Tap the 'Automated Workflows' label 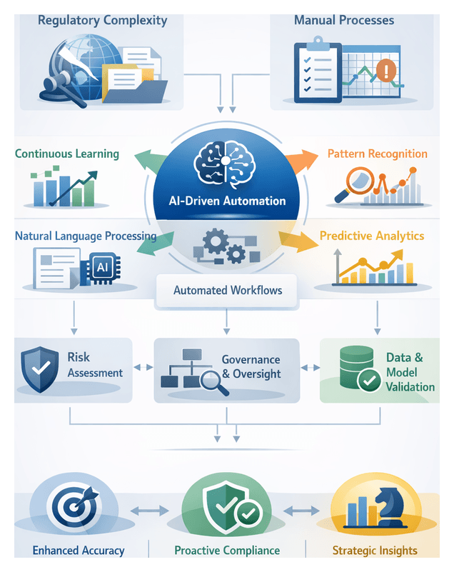coord(227,291)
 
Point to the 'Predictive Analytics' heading coord(372,236)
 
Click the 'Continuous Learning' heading coord(67,154)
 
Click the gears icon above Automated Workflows coord(218,247)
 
